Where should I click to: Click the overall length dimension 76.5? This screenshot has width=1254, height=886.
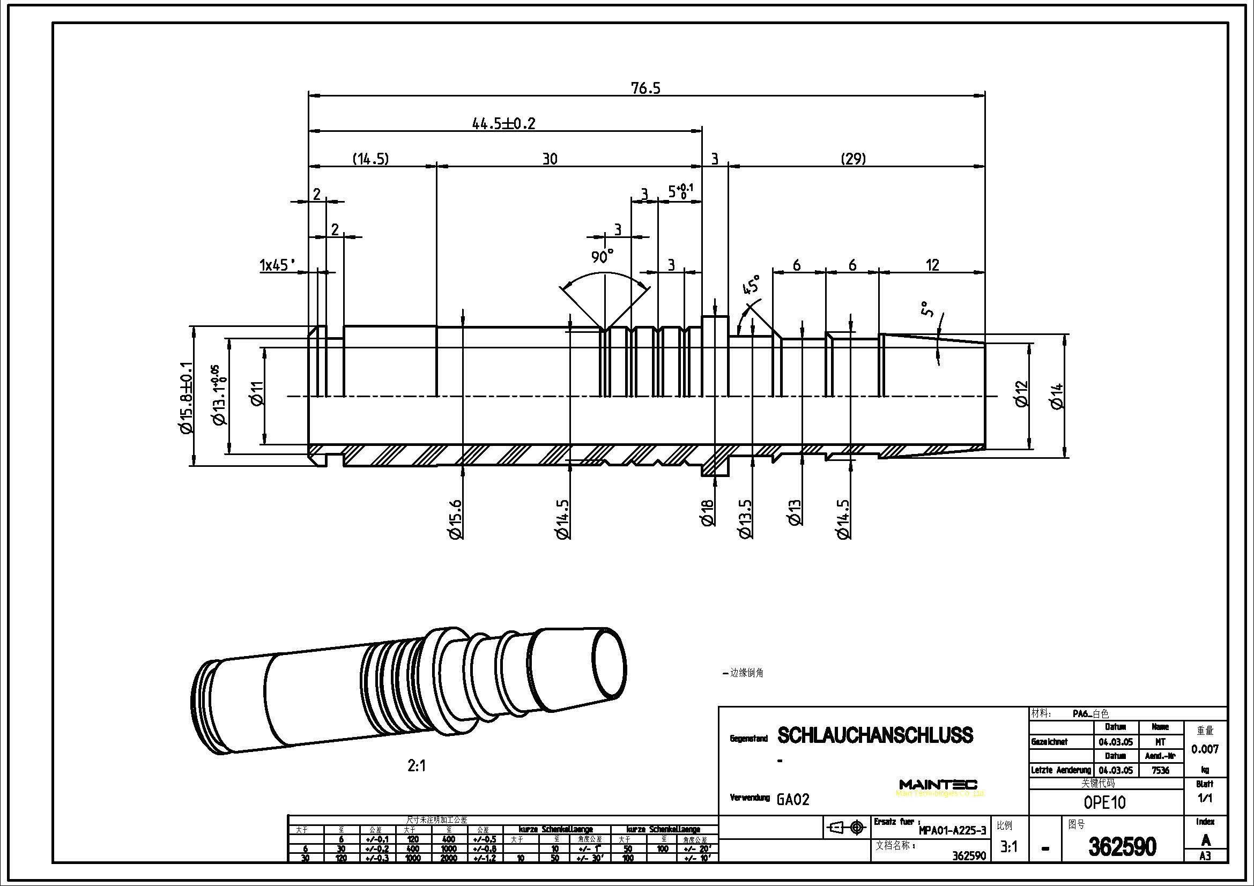(645, 88)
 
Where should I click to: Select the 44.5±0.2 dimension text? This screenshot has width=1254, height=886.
(503, 124)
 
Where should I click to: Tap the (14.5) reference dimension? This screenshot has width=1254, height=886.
(370, 159)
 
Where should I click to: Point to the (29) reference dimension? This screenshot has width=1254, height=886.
(853, 159)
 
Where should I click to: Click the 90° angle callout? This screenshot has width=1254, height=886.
(603, 256)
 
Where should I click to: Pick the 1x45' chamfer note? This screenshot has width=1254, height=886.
(278, 266)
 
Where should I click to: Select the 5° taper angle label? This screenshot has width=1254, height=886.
(927, 309)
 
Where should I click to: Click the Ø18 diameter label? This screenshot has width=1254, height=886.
(708, 512)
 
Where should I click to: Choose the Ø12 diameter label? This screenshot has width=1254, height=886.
(1021, 393)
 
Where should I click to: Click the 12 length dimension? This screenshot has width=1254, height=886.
(932, 265)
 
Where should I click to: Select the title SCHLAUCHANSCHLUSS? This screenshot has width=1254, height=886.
(875, 735)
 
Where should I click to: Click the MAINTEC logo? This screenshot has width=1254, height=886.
(938, 785)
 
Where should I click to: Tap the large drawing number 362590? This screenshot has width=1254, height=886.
(1122, 847)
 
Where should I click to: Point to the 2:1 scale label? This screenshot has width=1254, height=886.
(416, 766)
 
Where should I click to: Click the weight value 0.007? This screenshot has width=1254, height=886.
(1205, 749)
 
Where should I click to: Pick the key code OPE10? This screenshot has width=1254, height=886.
(1104, 802)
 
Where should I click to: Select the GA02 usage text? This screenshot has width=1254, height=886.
(792, 800)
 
